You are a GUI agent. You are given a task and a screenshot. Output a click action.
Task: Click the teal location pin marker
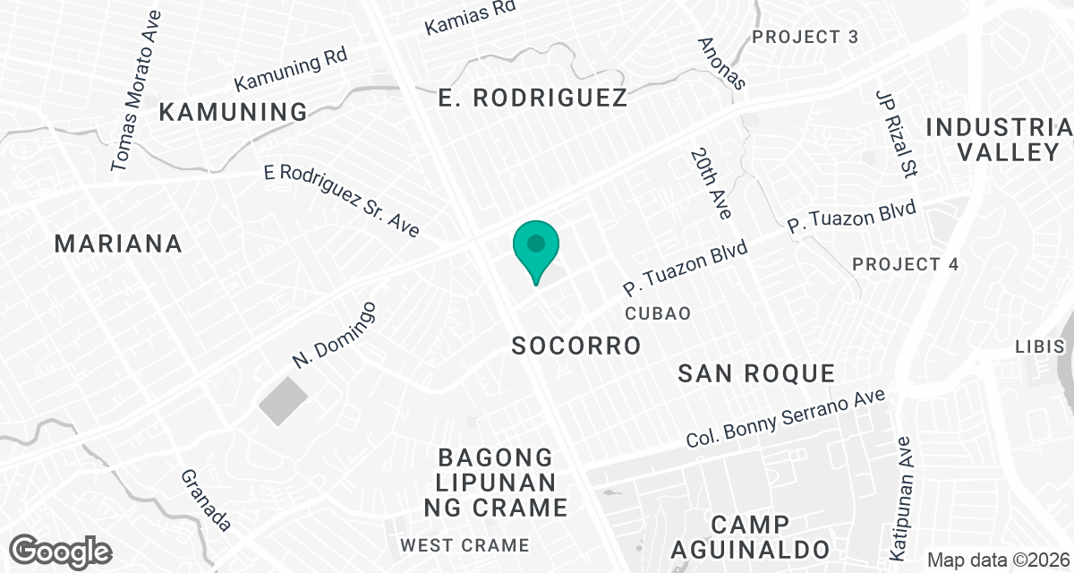point(536,246)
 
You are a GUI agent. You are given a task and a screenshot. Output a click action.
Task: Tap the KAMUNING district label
point(234,112)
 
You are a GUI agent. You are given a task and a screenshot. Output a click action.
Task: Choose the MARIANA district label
point(118,243)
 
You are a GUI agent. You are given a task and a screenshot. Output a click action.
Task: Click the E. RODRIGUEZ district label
point(533,98)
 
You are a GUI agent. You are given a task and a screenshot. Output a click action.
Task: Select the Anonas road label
point(721,63)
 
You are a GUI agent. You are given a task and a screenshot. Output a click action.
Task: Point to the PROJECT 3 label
point(805,37)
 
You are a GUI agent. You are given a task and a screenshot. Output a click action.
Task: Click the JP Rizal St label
point(898,132)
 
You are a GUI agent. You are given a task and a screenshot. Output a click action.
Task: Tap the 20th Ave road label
point(712,184)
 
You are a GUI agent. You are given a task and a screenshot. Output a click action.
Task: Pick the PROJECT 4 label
point(905,264)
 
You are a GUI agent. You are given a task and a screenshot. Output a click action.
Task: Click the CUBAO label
point(658,312)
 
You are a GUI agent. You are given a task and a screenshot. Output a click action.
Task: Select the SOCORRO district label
point(576,346)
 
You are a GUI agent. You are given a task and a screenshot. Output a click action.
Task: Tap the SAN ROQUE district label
point(756,373)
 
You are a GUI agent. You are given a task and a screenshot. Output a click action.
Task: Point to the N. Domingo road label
point(334,335)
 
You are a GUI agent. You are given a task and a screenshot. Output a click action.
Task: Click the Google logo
point(61,551)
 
